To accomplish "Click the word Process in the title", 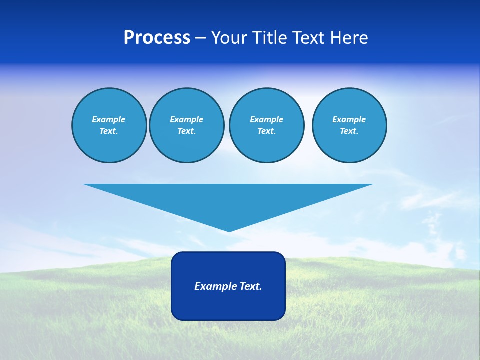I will pyautogui.click(x=157, y=37).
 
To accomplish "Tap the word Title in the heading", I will pyautogui.click(x=268, y=38).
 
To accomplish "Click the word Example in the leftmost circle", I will pyautogui.click(x=108, y=119).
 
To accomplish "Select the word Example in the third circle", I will pyautogui.click(x=266, y=119).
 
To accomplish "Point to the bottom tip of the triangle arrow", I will pyautogui.click(x=229, y=230).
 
